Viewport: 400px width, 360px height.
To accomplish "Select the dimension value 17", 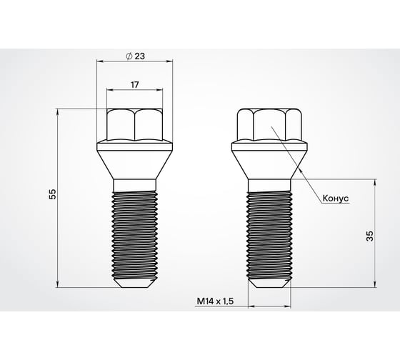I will tap(134, 84).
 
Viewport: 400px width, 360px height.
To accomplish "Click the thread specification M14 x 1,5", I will tap(216, 301).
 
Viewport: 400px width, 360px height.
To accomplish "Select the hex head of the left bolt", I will tap(134, 125).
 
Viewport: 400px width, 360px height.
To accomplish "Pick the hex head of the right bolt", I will tap(271, 125).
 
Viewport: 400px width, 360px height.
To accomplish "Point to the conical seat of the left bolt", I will tap(134, 161).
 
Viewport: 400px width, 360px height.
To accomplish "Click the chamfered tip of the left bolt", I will tap(134, 283).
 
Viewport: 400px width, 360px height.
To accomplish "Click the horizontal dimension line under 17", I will tap(134, 91).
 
